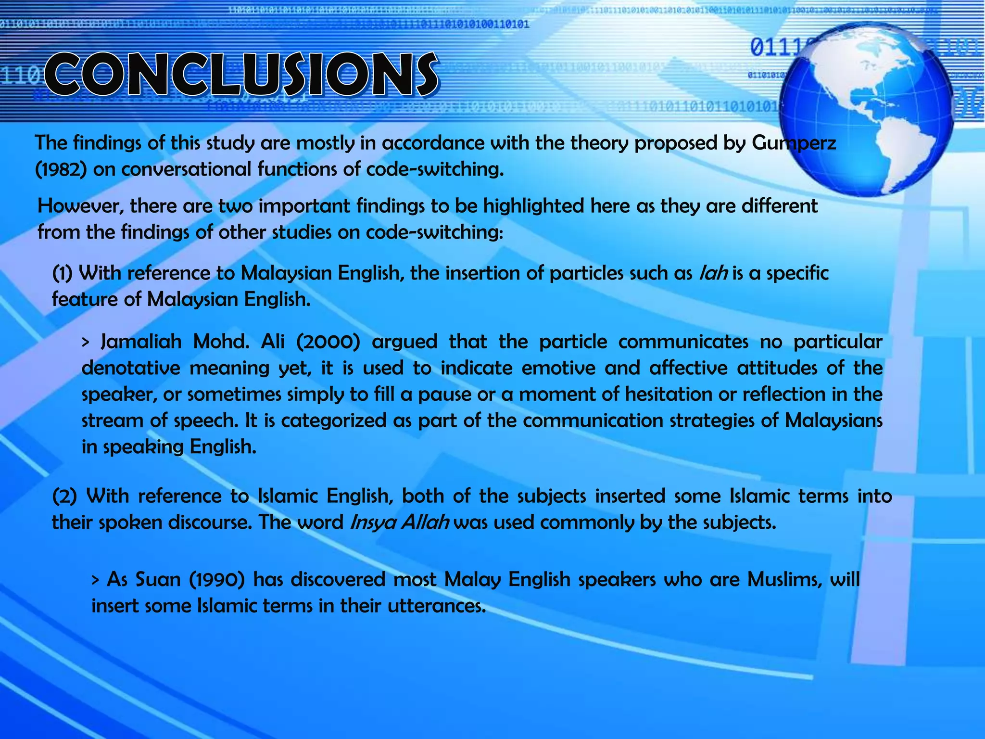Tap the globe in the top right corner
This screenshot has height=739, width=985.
tap(866, 110)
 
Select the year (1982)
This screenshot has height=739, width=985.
tap(61, 169)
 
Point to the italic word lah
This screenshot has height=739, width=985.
tap(713, 273)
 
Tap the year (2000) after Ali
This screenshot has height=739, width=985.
tap(328, 342)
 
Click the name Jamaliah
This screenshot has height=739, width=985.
tap(141, 342)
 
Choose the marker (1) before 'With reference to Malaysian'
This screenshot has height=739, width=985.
tap(63, 273)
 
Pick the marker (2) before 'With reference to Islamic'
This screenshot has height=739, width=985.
tap(64, 496)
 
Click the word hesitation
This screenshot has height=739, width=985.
tap(666, 395)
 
